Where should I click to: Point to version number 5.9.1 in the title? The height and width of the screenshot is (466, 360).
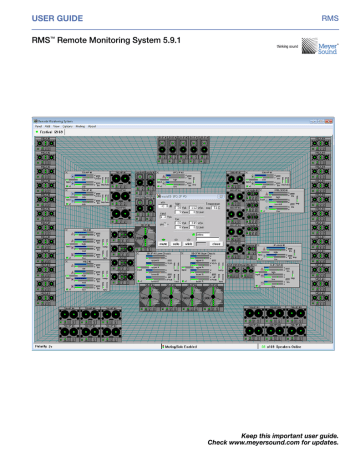(x=155, y=40)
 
